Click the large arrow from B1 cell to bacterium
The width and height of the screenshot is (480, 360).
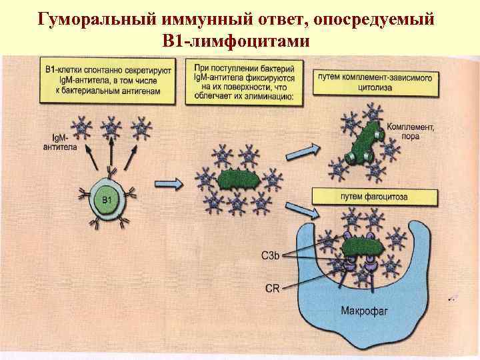coord(167,182)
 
